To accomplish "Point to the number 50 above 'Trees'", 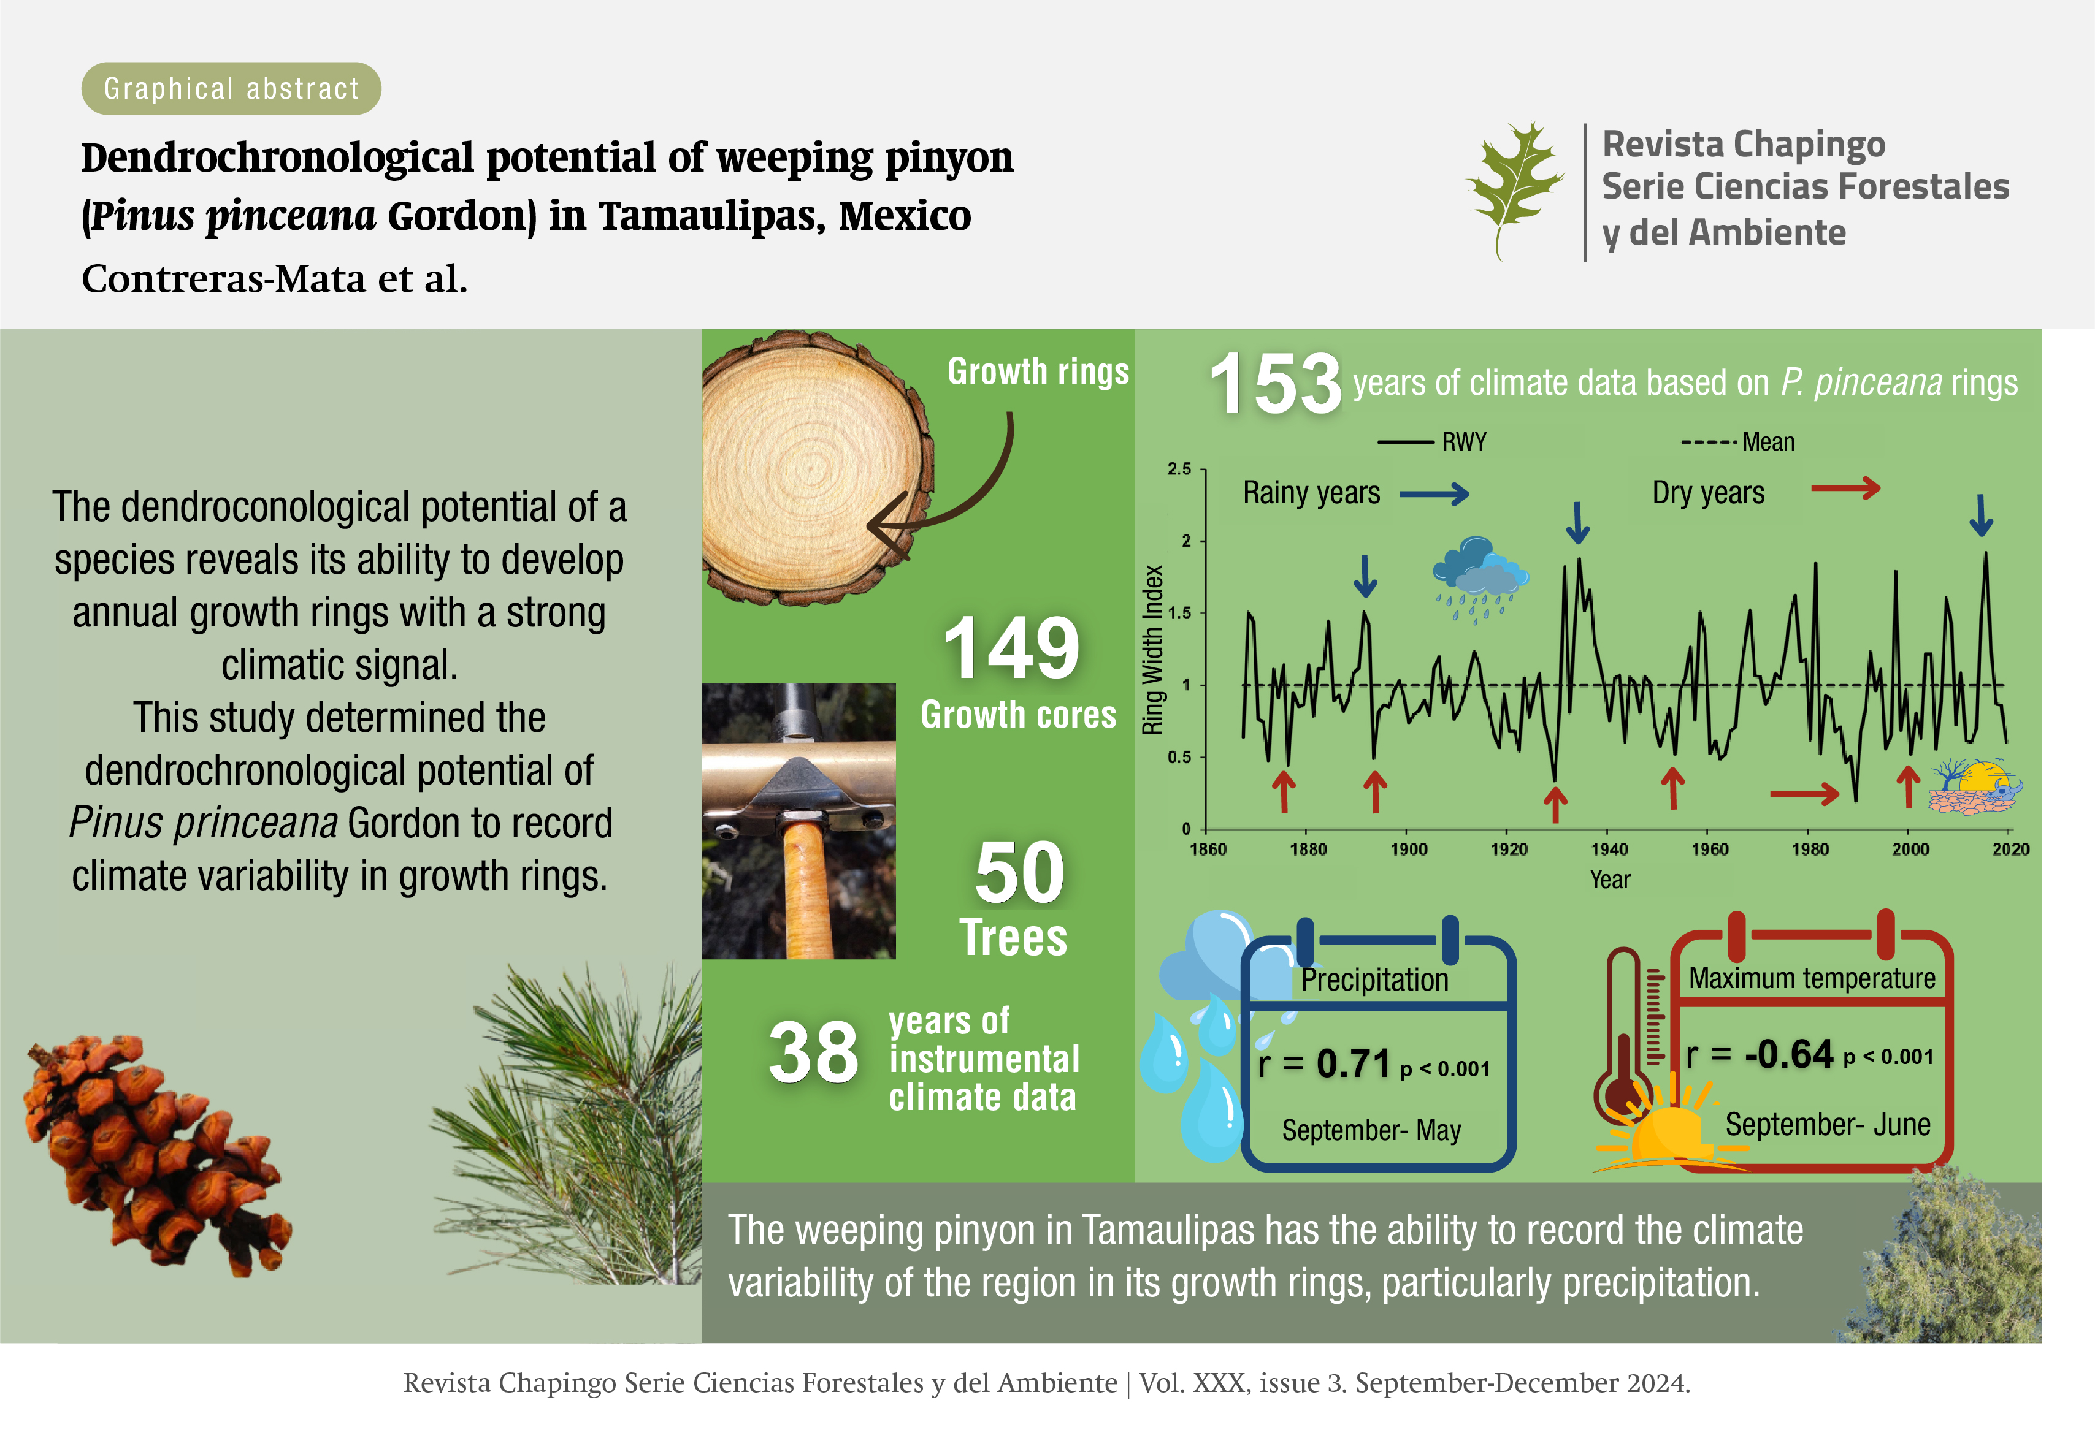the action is (x=1019, y=872).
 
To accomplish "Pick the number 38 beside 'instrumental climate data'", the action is (x=813, y=1052).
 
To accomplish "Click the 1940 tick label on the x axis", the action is (x=1609, y=849).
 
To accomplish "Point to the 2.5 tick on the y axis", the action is (x=1179, y=468).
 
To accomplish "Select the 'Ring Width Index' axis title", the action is (x=1153, y=648).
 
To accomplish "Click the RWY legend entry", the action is (x=1433, y=441).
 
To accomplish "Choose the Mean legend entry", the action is (x=1738, y=441).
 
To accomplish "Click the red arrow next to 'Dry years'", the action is (x=1846, y=489).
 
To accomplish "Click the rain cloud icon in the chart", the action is (x=1480, y=579).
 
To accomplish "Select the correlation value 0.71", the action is (x=1353, y=1063).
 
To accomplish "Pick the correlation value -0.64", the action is (x=1788, y=1054).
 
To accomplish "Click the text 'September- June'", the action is (x=1827, y=1125).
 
